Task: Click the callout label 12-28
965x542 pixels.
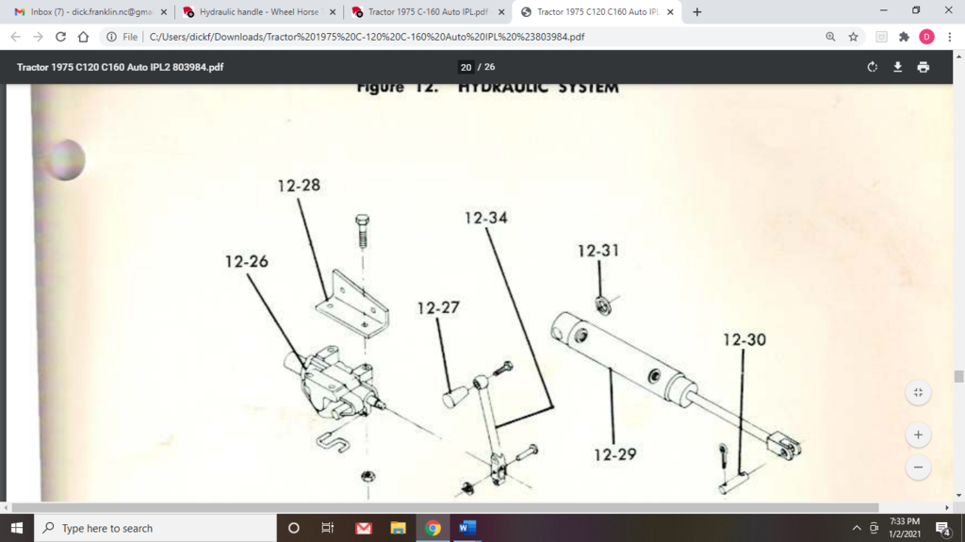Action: point(299,186)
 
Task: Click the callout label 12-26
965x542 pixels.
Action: point(246,261)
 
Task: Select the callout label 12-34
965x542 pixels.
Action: point(485,218)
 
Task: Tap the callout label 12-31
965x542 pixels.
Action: point(598,251)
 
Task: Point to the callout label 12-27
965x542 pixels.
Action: point(439,308)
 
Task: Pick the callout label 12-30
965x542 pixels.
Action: point(744,339)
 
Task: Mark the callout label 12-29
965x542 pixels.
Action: point(614,454)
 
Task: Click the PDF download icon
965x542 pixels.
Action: point(898,67)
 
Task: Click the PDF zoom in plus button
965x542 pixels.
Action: point(917,435)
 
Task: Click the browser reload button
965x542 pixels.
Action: point(60,37)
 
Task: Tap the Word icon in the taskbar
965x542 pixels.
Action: point(466,528)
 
